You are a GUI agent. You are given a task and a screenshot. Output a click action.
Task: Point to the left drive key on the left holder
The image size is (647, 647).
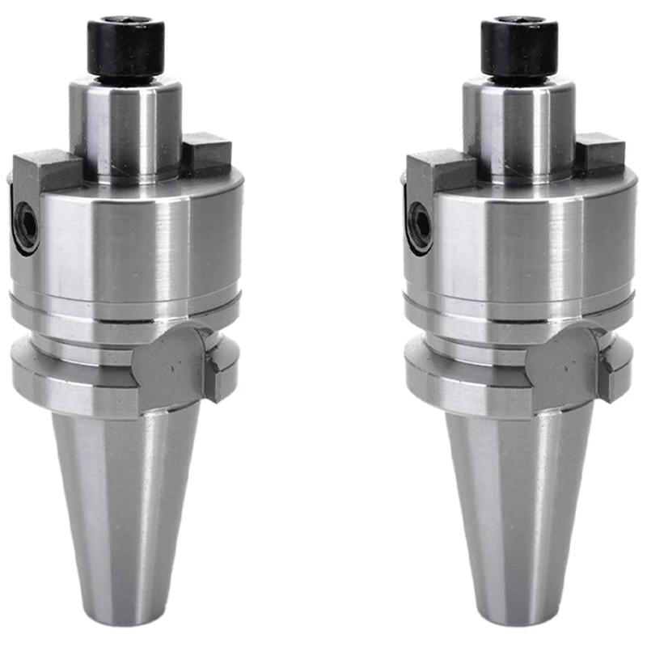click(x=44, y=171)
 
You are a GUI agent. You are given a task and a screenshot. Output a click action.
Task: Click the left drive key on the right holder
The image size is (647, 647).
click(x=437, y=171)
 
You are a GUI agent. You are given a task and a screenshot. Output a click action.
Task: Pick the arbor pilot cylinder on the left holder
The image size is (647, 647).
click(x=125, y=125)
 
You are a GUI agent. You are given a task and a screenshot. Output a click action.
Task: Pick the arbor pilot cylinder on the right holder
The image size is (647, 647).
click(x=519, y=125)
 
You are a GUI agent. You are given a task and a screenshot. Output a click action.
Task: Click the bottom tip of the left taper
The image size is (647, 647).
click(x=126, y=619)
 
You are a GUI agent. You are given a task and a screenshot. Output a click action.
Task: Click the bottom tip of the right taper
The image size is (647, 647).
click(x=520, y=619)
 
